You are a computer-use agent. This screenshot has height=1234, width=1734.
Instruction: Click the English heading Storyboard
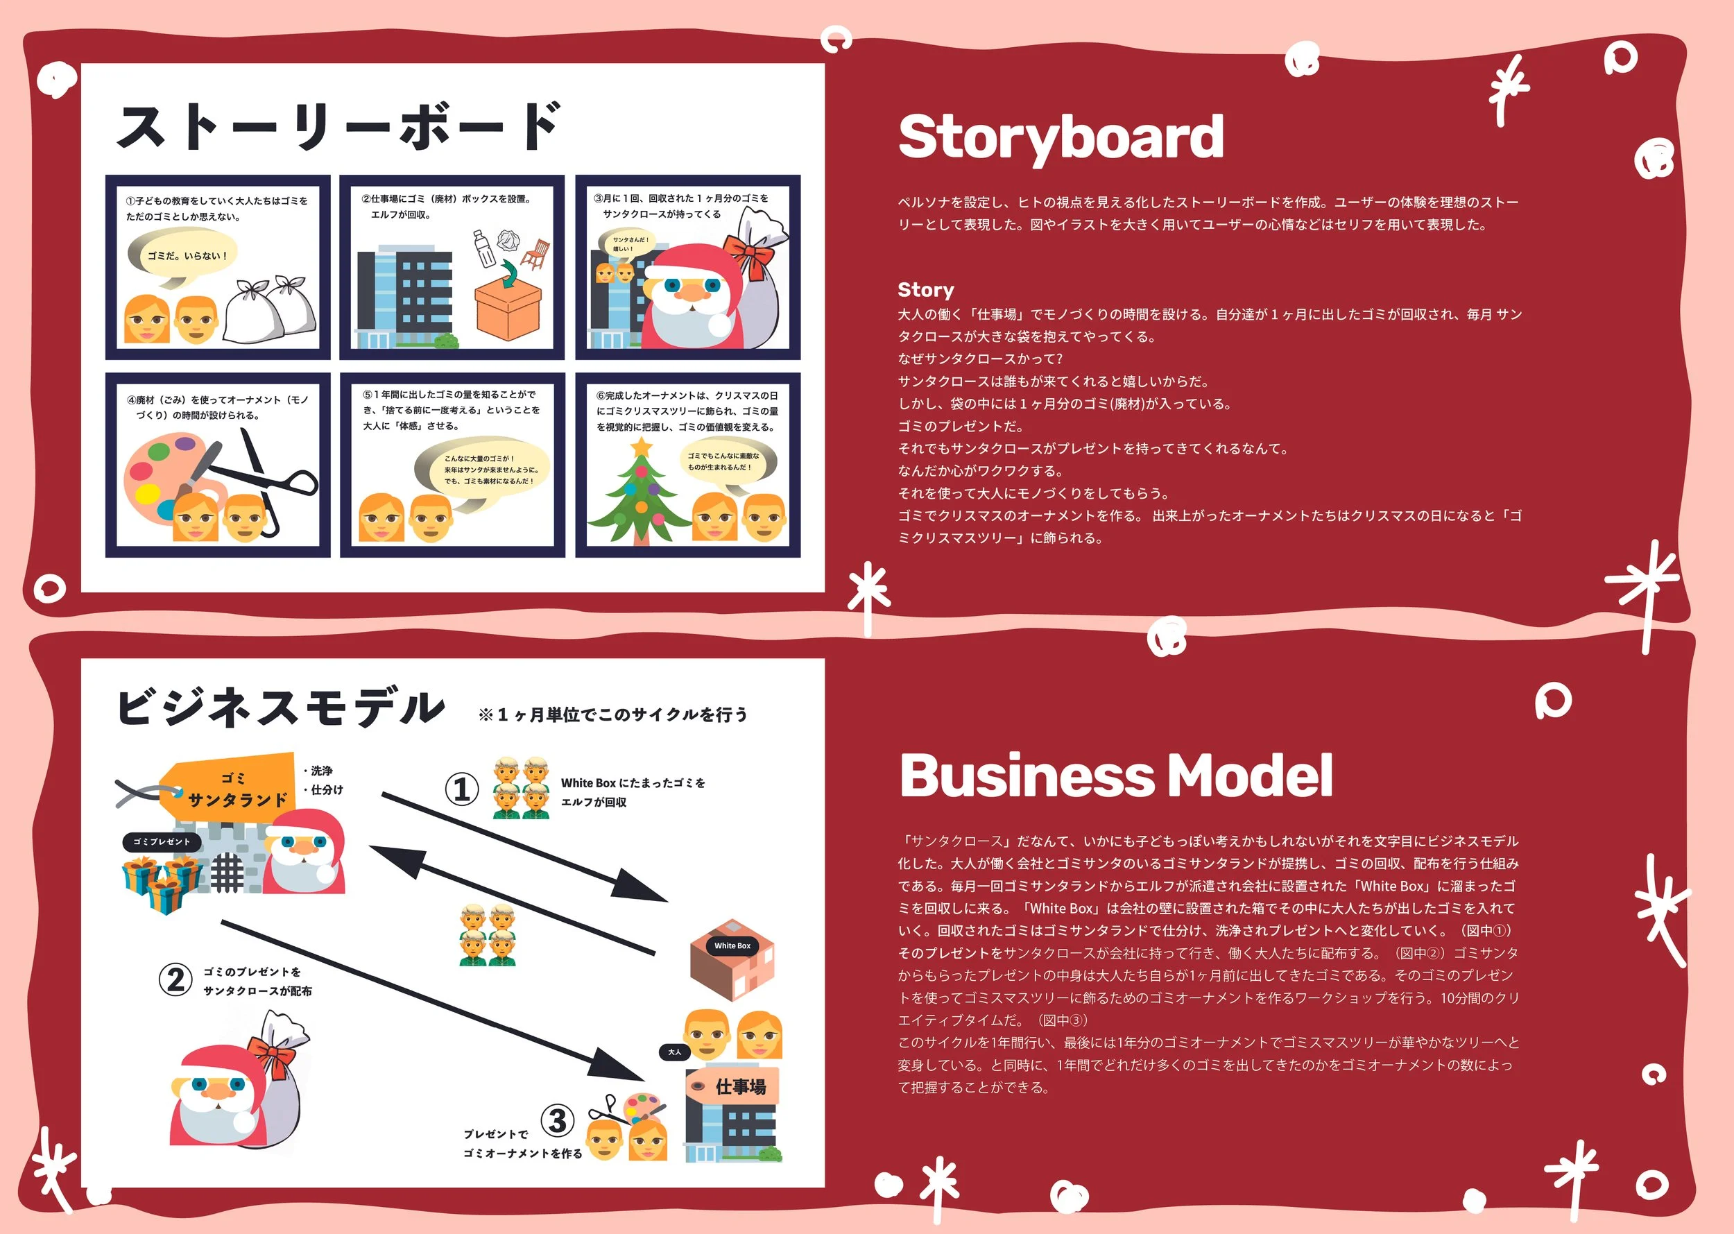tap(1060, 137)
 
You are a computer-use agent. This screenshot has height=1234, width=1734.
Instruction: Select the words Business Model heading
tap(1115, 775)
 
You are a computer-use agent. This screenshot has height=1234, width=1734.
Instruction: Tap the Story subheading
tap(925, 289)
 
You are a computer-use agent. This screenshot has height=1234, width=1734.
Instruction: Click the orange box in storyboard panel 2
tap(507, 311)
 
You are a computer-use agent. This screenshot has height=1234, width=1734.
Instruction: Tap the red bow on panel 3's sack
tap(748, 255)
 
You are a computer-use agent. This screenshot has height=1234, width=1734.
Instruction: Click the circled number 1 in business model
tap(461, 789)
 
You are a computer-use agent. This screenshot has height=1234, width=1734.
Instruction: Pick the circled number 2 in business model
tap(175, 979)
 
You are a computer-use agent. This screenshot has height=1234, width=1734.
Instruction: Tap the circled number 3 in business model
tap(557, 1120)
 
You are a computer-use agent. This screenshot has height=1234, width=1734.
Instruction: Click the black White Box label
tap(732, 946)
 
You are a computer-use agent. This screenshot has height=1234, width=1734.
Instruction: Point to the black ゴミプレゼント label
tap(162, 842)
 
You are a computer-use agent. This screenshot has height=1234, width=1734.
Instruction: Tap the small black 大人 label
tap(674, 1052)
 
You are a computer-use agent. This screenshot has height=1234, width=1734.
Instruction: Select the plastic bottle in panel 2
tap(483, 248)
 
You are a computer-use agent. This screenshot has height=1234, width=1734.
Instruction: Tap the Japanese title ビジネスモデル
tap(280, 707)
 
